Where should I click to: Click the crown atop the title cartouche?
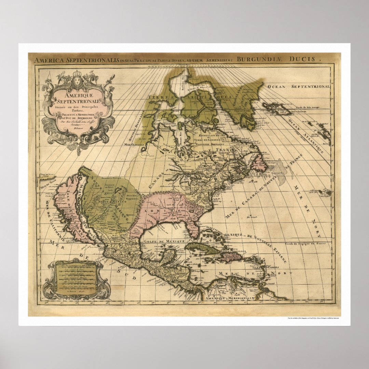click(x=79, y=75)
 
